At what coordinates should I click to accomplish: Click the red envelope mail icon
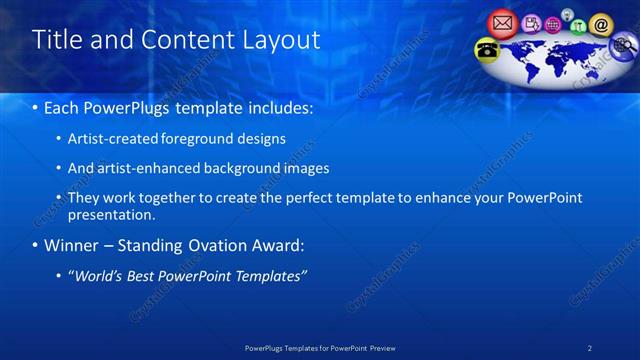pos(502,21)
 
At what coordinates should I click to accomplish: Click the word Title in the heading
pos(56,40)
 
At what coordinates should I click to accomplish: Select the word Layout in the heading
pos(282,40)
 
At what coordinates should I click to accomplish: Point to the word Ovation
pos(237,245)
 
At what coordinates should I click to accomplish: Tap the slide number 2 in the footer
pos(591,347)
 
